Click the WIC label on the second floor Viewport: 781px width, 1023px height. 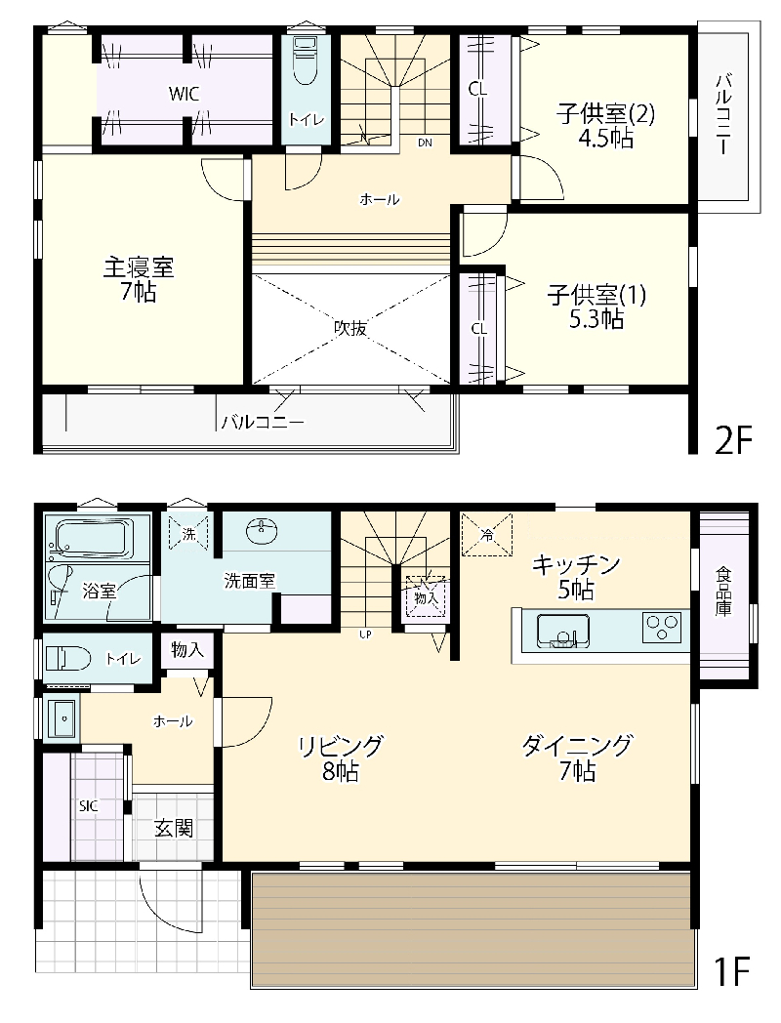click(184, 94)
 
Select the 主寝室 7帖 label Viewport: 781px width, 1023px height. click(139, 280)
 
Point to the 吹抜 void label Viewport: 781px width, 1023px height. click(350, 328)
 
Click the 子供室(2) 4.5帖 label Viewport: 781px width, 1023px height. click(605, 126)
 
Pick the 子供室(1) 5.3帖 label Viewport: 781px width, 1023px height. click(596, 307)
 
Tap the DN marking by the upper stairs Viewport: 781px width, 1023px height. click(425, 143)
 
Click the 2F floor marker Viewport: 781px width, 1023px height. click(733, 440)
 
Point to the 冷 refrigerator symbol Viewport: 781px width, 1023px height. click(487, 535)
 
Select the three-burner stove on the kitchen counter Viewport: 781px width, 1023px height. click(662, 628)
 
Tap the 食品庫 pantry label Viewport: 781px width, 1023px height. click(723, 592)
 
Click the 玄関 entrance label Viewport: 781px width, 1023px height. click(174, 829)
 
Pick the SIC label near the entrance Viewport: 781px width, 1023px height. click(89, 805)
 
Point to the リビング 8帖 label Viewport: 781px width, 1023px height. click(340, 758)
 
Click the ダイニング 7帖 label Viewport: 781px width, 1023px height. click(577, 758)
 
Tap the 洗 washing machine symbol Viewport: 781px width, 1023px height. click(188, 534)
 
